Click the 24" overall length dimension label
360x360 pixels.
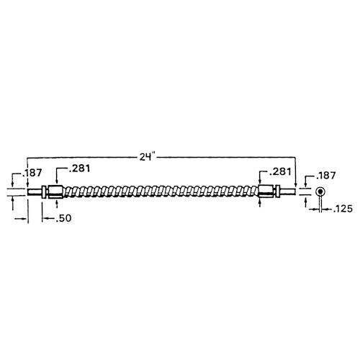(x=148, y=157)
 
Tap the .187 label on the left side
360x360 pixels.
(x=32, y=173)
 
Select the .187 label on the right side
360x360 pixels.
(x=325, y=176)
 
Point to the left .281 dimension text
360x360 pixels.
(x=79, y=168)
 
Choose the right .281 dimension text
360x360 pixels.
(x=280, y=171)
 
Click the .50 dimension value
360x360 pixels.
(x=63, y=218)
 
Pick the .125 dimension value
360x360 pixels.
(x=343, y=209)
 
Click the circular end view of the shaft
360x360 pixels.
(x=320, y=192)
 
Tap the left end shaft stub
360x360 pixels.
(x=35, y=192)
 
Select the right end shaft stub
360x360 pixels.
(x=287, y=192)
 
